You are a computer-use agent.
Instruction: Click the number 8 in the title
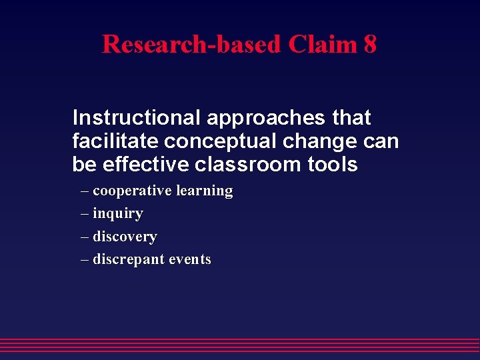pyautogui.click(x=370, y=45)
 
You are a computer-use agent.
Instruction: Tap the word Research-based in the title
pyautogui.click(x=192, y=45)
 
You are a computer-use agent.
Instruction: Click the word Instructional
pyautogui.click(x=137, y=118)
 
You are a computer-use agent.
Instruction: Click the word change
pyautogui.click(x=324, y=141)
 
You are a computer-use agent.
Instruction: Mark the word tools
pyautogui.click(x=336, y=164)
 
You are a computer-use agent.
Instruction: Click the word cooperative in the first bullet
pyautogui.click(x=132, y=191)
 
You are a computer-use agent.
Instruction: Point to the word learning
pyautogui.click(x=205, y=191)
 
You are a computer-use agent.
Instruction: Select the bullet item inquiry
pyautogui.click(x=118, y=214)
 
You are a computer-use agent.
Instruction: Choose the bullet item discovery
pyautogui.click(x=125, y=237)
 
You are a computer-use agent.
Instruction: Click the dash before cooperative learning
pyautogui.click(x=85, y=191)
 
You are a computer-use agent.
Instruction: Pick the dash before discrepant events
pyautogui.click(x=85, y=260)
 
